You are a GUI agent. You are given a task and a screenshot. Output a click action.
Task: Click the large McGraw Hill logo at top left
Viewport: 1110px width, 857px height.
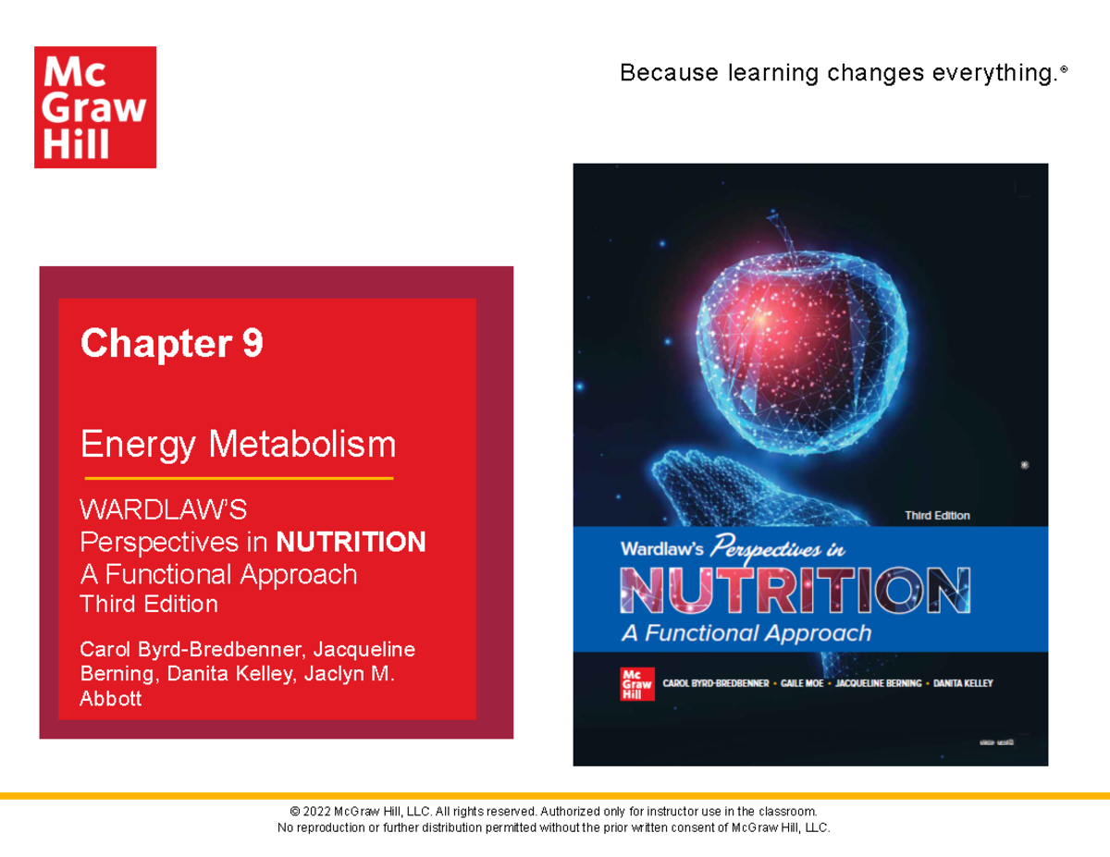pos(95,107)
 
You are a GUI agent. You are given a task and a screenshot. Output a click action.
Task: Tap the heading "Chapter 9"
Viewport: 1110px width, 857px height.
pos(172,344)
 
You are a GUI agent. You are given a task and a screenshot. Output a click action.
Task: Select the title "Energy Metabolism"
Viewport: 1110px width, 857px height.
pos(238,445)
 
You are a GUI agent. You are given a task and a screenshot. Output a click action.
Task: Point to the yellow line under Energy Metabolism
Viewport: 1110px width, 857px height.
pos(239,478)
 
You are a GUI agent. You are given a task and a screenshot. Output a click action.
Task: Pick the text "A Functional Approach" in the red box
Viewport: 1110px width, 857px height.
pos(218,574)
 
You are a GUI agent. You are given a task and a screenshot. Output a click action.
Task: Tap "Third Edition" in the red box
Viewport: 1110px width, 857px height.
pos(149,605)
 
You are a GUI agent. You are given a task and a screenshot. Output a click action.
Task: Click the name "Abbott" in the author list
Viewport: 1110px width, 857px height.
pos(111,699)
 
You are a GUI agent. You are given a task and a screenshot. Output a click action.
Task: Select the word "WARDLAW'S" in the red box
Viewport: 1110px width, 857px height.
pos(164,509)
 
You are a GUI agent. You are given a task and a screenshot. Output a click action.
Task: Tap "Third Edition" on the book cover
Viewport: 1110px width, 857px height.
pos(937,516)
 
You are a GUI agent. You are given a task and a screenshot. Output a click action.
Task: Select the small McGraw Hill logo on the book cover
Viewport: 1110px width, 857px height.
pos(631,683)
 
